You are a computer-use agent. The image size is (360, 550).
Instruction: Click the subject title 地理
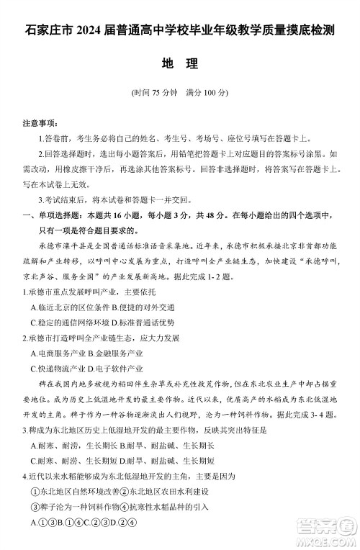[179, 63]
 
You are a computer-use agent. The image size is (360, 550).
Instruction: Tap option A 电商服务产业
[58, 353]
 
